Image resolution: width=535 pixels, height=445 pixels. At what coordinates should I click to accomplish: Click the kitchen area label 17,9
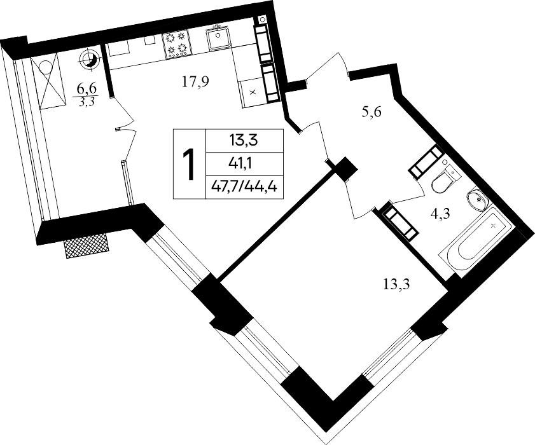(195, 82)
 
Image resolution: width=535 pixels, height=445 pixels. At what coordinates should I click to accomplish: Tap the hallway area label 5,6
(372, 111)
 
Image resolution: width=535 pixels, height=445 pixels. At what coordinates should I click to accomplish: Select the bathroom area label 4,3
(440, 214)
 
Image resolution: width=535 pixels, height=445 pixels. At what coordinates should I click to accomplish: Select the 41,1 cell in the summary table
(244, 165)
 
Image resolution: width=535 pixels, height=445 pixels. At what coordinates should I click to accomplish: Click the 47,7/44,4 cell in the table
(244, 186)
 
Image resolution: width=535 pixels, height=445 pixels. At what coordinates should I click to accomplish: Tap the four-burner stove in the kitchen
(177, 43)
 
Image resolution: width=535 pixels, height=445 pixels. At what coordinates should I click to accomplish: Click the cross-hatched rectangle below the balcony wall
(87, 246)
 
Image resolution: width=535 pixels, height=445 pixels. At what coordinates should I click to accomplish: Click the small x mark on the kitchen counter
(253, 92)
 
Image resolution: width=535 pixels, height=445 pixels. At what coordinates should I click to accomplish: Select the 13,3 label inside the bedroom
(396, 284)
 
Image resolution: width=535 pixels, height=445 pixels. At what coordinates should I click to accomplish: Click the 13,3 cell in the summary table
(244, 140)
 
